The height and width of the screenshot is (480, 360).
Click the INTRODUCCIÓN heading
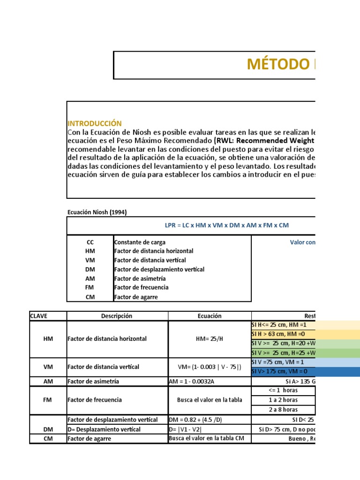click(x=95, y=123)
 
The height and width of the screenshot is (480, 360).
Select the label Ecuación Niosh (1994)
click(x=97, y=212)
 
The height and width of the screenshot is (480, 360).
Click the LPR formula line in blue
click(x=227, y=225)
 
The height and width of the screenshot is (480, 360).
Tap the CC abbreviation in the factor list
click(x=90, y=242)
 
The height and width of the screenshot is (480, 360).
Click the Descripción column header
click(x=117, y=316)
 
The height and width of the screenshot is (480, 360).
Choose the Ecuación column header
click(x=210, y=316)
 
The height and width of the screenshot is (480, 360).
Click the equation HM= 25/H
click(x=210, y=339)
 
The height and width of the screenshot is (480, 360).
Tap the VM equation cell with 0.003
click(x=210, y=367)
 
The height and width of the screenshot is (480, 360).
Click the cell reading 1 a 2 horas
click(x=283, y=400)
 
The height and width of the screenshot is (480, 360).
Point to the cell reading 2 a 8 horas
click(x=283, y=409)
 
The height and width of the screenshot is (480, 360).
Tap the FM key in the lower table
click(x=48, y=400)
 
